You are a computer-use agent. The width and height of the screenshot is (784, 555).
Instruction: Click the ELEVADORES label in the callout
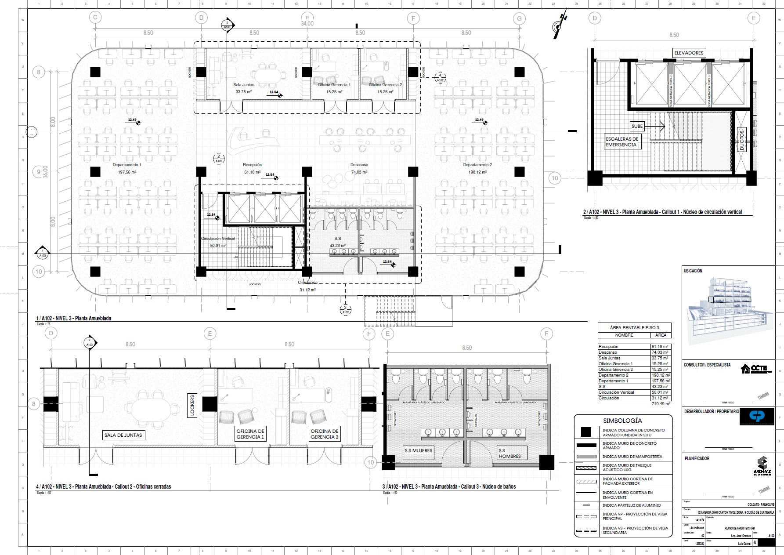point(689,53)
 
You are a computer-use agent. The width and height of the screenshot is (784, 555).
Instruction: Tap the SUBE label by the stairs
point(637,126)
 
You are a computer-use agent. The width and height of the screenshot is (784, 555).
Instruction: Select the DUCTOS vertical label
point(742,140)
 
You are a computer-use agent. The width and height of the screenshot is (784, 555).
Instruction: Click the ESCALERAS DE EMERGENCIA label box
point(621,141)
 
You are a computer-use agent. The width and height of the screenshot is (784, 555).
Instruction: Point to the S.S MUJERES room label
point(419,450)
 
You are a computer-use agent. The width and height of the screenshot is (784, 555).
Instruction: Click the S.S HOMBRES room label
point(509,453)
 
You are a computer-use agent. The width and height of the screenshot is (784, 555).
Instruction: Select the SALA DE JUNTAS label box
point(123,435)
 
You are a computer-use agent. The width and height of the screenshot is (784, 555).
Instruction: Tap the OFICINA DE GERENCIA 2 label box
point(325,434)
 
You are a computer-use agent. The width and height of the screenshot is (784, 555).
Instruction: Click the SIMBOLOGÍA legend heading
point(622,421)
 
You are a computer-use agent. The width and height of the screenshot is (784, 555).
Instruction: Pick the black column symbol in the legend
point(585,432)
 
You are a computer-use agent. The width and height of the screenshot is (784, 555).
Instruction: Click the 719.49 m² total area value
point(661,403)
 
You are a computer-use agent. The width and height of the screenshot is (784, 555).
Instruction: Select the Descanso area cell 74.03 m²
point(660,352)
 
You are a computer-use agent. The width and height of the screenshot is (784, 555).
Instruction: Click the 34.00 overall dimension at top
point(307,24)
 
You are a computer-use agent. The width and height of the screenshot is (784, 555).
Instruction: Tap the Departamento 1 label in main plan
point(127,165)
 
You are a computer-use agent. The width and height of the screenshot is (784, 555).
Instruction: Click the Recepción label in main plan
point(252,165)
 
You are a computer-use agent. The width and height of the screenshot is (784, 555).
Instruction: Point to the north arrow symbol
point(560,25)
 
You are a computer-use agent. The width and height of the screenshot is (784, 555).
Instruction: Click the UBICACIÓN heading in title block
point(693,271)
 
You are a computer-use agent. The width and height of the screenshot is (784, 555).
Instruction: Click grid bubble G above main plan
point(519,18)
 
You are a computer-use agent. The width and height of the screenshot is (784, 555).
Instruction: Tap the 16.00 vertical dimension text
point(45,171)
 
